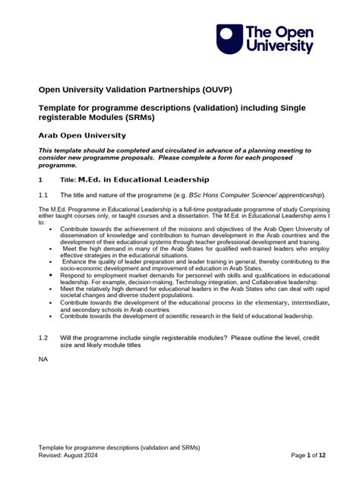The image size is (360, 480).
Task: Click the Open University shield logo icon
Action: [x=229, y=38]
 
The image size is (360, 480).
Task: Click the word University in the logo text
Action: [x=279, y=46]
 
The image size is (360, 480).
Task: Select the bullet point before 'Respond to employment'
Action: [x=51, y=275]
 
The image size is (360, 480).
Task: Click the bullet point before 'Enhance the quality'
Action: [x=51, y=261]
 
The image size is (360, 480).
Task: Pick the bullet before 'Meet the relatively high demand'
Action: [x=51, y=289]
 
